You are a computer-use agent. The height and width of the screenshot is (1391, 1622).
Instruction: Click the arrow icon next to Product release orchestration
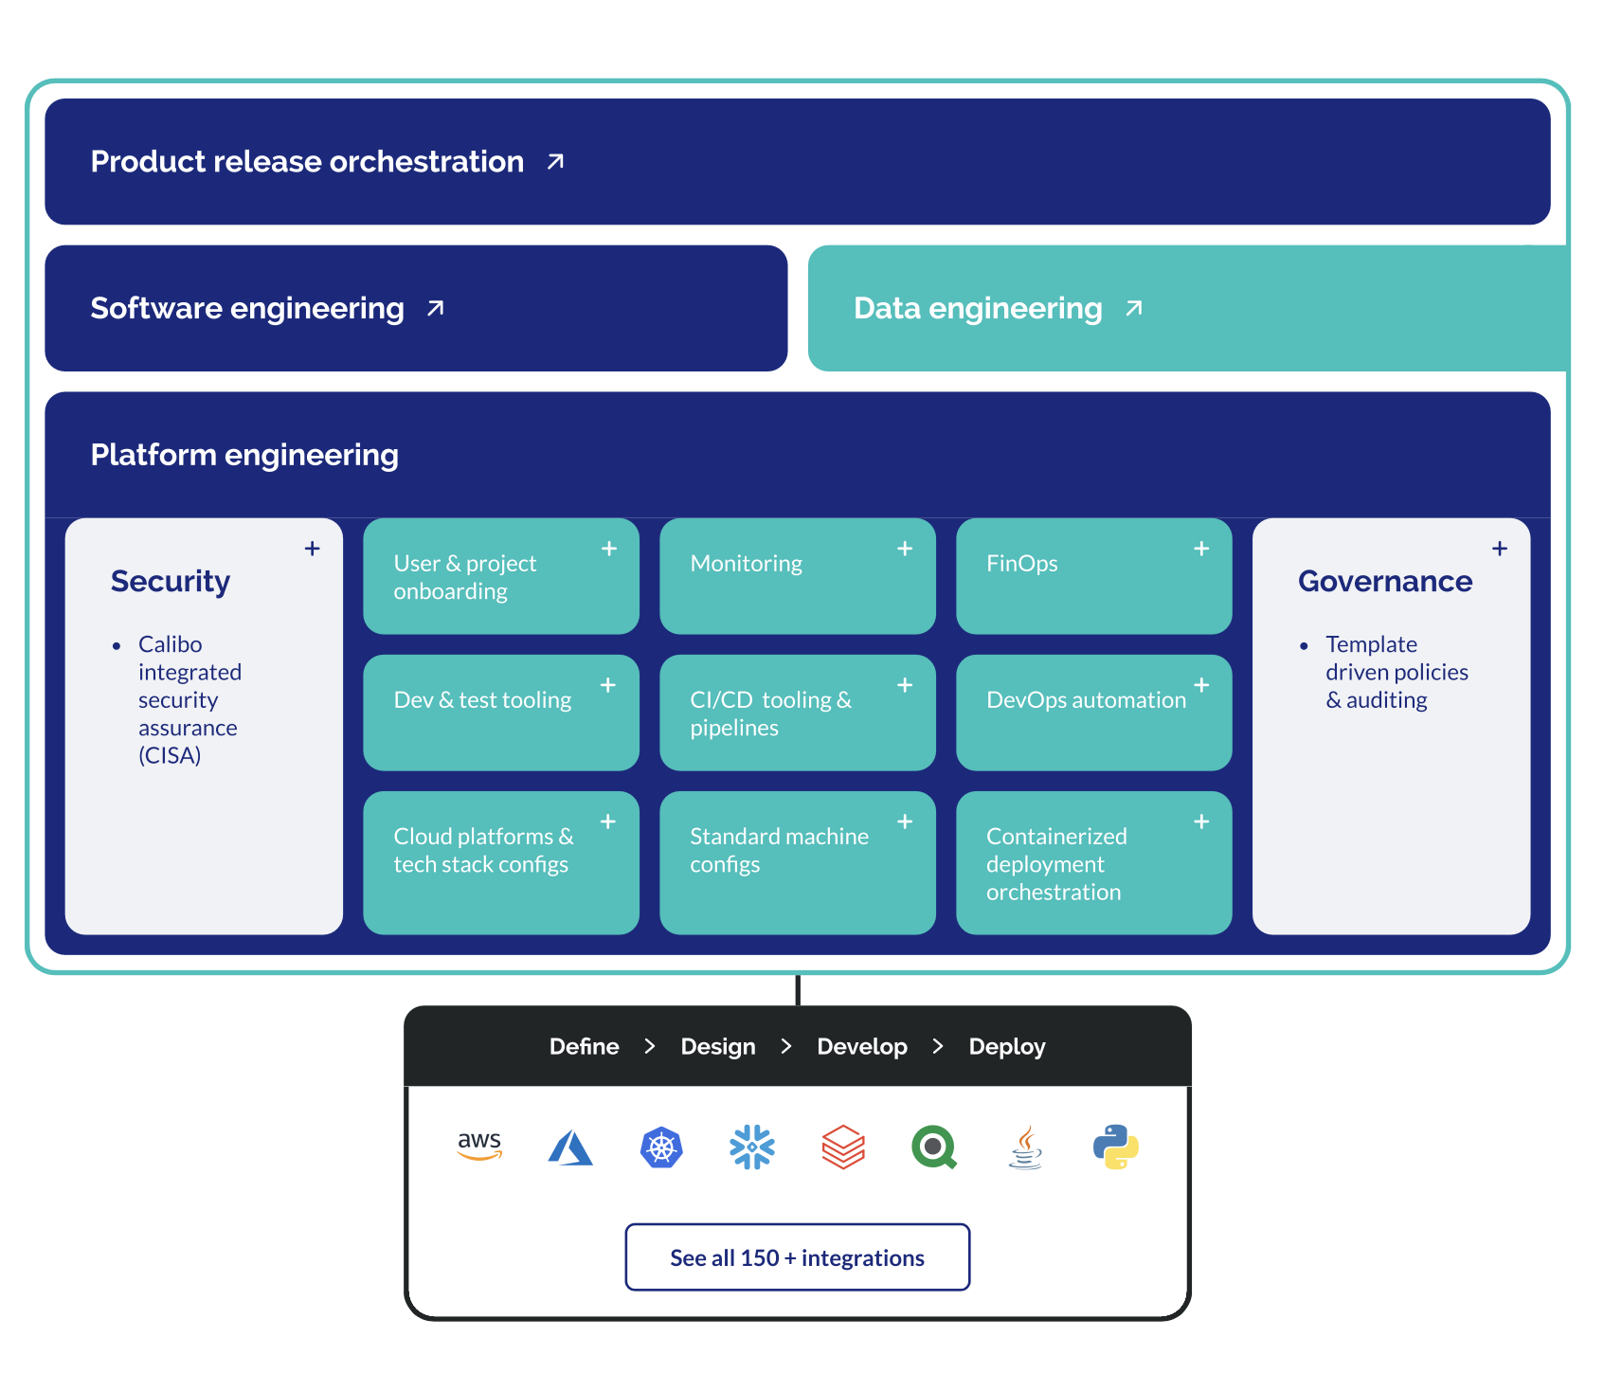pos(556,162)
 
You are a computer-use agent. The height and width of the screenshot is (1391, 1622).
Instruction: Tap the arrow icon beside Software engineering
pos(436,308)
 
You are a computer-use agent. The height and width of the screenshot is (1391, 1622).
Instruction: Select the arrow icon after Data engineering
pos(1134,308)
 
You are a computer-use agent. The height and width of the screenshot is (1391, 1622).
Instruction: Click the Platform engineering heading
pos(244,455)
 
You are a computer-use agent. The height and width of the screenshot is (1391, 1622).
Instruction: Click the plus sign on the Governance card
pos(1500,549)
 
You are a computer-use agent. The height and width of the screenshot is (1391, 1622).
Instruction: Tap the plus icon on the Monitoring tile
pos(905,549)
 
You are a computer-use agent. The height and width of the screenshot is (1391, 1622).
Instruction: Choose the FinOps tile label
pos(1021,564)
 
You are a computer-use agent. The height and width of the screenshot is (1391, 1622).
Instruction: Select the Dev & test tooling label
pos(482,700)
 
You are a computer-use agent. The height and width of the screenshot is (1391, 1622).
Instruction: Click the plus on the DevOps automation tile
pos(1201,685)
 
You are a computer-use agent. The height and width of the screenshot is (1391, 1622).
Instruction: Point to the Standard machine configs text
pos(778,850)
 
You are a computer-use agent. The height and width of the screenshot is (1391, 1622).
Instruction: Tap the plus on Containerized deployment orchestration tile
pos(1201,822)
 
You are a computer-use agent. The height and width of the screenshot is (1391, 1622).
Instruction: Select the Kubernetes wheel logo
pos(661,1147)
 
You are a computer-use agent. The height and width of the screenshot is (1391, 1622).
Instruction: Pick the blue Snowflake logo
pos(752,1147)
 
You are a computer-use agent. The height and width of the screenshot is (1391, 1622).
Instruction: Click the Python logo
pos(1116,1147)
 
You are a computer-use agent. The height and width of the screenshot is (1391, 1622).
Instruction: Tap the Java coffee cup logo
pos(1025,1147)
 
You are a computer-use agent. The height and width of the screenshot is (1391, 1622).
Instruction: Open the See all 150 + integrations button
pos(797,1257)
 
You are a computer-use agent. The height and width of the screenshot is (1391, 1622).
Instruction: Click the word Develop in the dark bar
pos(861,1047)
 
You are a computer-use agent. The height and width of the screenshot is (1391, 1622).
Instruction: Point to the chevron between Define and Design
pos(650,1047)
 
